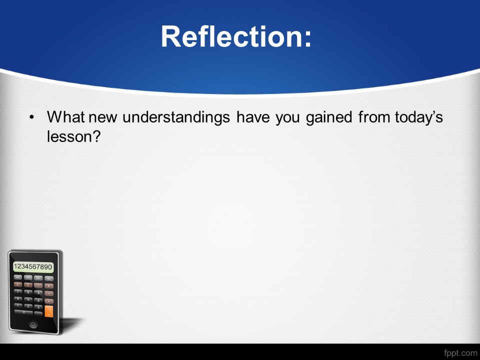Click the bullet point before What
coord(31,117)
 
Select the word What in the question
coord(65,117)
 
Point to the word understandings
coord(176,117)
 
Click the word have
coord(253,117)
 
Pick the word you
coord(288,119)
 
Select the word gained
coord(329,117)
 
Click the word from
coord(374,117)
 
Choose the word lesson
coord(69,136)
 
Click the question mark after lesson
coord(96,136)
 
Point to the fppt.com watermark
coord(460,353)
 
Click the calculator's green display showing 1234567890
coord(33,266)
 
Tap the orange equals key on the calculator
coord(49,311)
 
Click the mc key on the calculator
coord(18,277)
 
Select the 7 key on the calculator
coord(18,292)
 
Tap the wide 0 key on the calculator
coord(23,312)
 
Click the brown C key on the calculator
coord(18,284)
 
